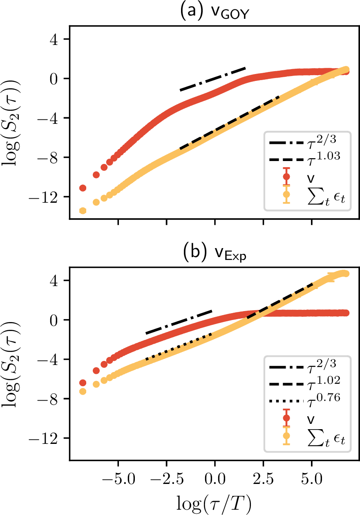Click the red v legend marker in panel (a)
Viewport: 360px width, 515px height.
[286, 177]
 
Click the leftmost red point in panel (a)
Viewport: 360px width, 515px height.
[83, 188]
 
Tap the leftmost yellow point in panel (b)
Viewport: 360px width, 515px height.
[83, 391]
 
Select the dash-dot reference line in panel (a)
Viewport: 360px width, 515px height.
[212, 79]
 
